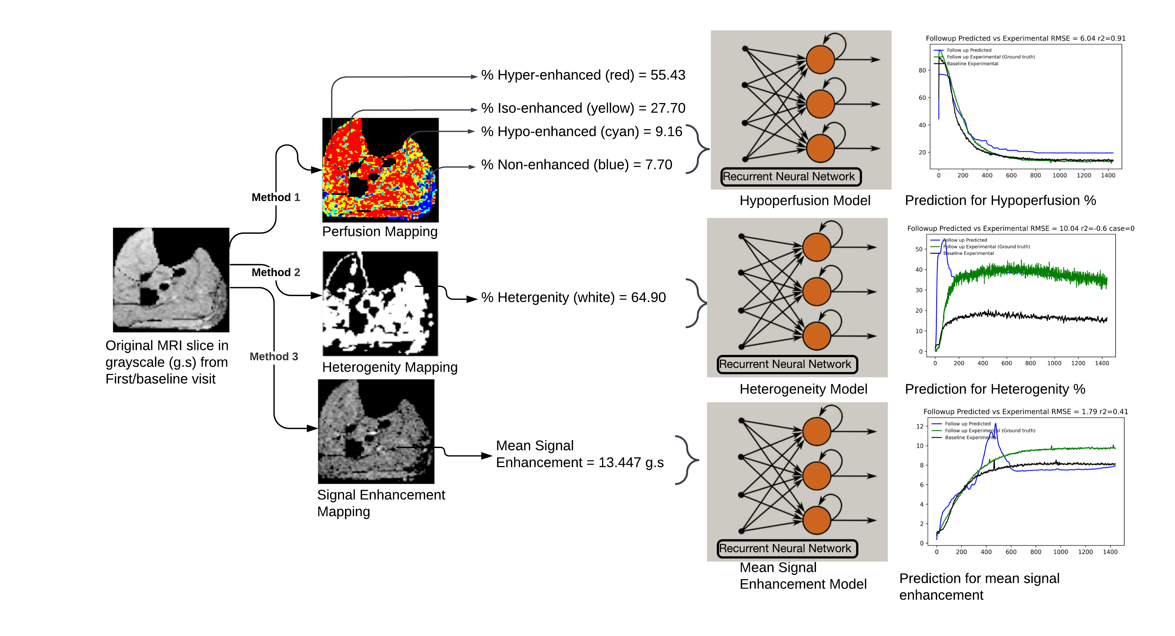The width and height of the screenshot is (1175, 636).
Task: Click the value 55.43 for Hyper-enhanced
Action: click(x=667, y=75)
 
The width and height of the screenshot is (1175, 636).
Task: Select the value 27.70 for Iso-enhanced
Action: click(x=667, y=108)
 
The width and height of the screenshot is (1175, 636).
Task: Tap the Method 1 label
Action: click(x=276, y=197)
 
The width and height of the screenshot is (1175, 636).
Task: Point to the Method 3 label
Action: click(x=274, y=357)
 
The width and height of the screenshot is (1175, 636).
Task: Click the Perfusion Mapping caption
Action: click(x=379, y=232)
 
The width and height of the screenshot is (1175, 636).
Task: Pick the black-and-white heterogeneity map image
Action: click(x=380, y=303)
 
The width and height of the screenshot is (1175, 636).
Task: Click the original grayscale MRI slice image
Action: click(x=171, y=279)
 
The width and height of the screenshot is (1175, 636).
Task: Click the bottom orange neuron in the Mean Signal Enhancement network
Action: click(x=817, y=520)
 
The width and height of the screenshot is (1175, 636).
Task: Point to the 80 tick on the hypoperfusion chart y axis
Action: click(x=922, y=70)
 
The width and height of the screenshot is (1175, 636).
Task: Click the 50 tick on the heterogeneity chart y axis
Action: click(x=918, y=249)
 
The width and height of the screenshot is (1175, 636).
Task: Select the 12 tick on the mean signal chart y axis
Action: click(x=919, y=426)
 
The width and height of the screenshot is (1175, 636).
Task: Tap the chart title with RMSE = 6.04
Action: click(x=1025, y=38)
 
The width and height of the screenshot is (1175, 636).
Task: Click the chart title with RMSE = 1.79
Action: click(x=1025, y=412)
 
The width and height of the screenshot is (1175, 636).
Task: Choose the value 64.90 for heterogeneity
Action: click(x=648, y=297)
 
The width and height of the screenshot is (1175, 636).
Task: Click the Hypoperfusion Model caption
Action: click(x=805, y=201)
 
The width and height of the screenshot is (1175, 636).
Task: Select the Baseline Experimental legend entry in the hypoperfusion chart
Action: click(x=972, y=64)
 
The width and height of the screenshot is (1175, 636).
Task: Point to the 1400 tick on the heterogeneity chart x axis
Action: click(x=1102, y=363)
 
